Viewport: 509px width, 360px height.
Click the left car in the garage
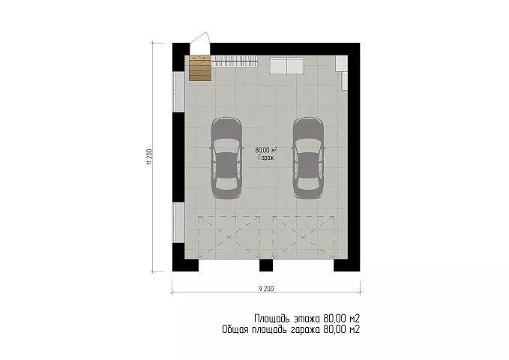click(226, 157)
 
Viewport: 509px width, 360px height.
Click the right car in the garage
click(308, 157)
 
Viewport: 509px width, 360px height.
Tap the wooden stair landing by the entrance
click(200, 68)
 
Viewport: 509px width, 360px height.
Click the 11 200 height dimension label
click(149, 157)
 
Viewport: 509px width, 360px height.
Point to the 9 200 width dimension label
click(266, 289)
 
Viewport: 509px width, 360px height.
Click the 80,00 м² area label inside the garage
click(266, 150)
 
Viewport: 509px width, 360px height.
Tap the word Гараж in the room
click(266, 158)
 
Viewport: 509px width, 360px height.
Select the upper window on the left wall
click(178, 91)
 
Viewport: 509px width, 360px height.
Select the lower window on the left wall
click(178, 223)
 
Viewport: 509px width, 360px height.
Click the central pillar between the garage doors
click(266, 265)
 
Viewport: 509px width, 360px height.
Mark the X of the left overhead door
click(229, 238)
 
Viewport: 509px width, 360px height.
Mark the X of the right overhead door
click(303, 238)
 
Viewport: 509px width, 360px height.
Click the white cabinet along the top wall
click(286, 65)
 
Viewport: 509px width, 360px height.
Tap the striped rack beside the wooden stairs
click(235, 61)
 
